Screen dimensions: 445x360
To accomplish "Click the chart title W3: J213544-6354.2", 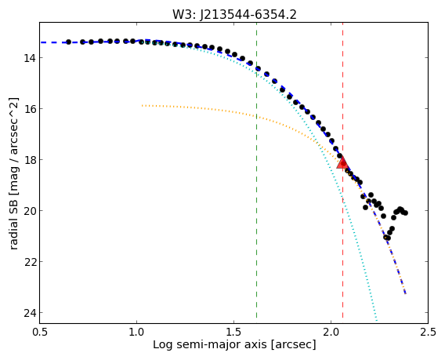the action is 234,14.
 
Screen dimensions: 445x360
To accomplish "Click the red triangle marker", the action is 342,162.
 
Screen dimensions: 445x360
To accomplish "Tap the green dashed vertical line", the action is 256,170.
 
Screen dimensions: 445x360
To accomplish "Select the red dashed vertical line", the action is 343,170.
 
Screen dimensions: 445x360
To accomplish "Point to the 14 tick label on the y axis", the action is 29,58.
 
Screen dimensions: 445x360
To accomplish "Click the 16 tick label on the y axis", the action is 29,109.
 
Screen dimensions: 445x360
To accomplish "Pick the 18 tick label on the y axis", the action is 29,160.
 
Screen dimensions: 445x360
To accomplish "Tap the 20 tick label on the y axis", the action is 29,211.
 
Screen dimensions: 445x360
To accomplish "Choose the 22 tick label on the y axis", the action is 29,262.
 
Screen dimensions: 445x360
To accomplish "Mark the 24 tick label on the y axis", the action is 29,313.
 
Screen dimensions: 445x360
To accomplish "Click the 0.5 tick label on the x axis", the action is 40,332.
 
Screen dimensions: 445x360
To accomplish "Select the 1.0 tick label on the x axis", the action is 137,332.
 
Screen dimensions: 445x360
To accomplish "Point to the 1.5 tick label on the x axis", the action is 233,332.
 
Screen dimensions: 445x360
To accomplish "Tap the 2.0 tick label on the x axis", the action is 331,332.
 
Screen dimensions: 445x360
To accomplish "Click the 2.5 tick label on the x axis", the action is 428,332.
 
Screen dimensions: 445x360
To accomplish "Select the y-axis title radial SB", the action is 13,223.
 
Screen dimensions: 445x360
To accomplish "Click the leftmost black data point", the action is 68,42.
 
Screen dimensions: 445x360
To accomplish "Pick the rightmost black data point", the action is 405,213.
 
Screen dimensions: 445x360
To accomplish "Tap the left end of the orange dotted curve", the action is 142,105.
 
